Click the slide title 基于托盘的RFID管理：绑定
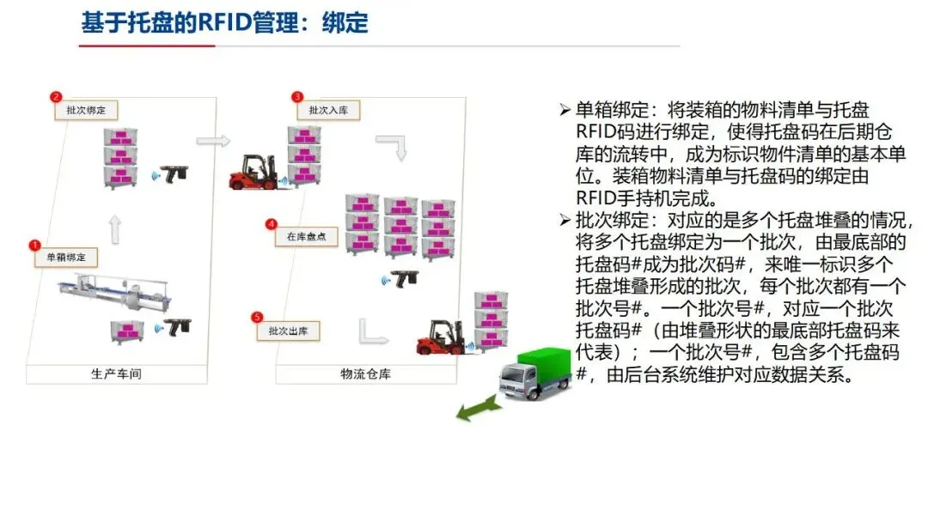225,22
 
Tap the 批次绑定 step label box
85,111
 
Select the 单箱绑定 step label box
66,257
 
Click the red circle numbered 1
34,245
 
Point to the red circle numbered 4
272,224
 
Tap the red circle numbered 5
257,318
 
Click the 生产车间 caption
116,374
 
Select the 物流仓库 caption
365,374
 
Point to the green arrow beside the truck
479,410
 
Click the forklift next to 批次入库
253,171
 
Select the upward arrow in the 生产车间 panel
116,228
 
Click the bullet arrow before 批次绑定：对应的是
565,219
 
